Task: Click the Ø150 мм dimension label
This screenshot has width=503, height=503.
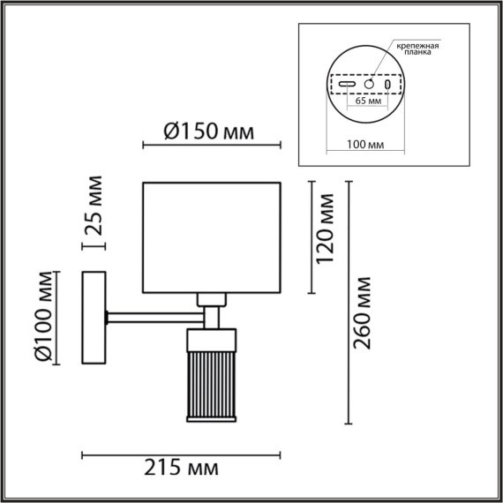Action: click(x=209, y=131)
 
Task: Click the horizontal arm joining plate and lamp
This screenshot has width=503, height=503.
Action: click(x=154, y=313)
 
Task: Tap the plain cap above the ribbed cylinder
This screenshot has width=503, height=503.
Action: click(x=212, y=337)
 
